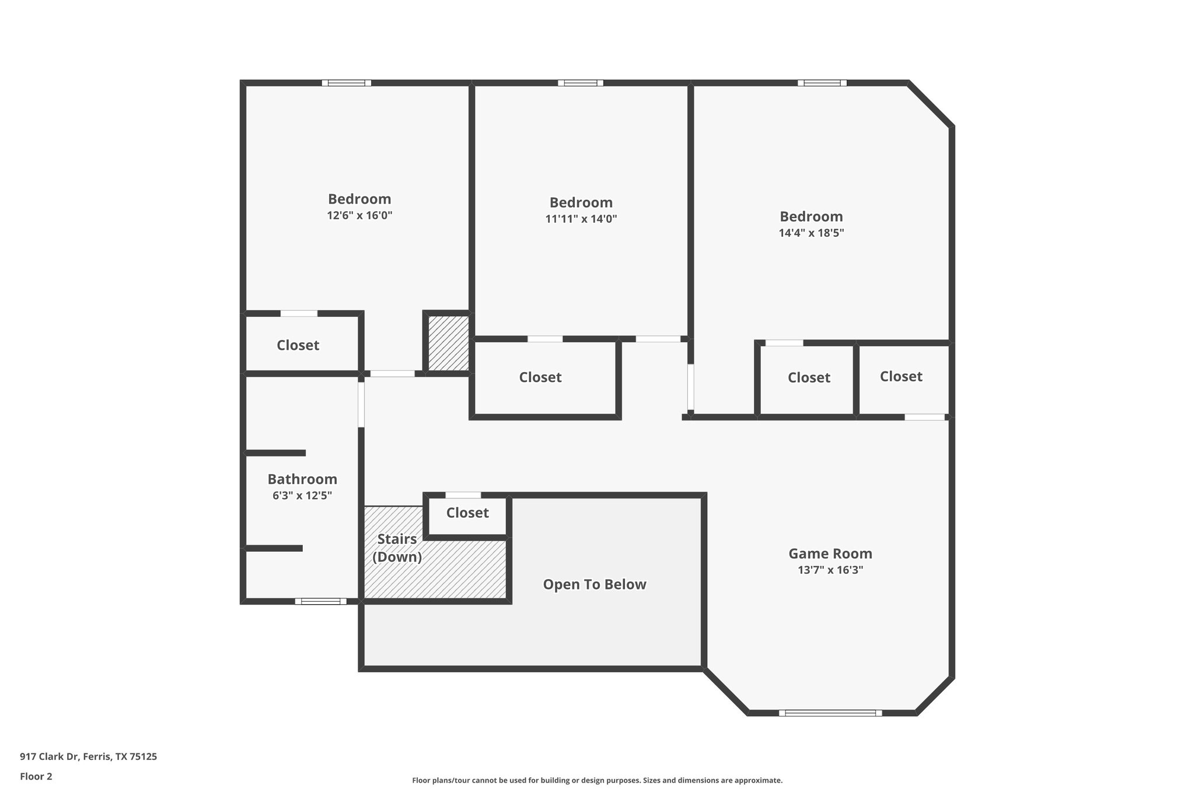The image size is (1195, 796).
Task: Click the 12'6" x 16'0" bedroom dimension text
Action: click(359, 216)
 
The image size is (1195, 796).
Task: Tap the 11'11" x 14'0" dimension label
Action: click(581, 219)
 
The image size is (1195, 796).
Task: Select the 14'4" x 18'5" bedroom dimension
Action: click(811, 233)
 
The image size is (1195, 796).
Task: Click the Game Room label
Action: click(830, 553)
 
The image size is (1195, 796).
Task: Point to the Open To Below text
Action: click(594, 584)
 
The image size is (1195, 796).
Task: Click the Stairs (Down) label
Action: click(397, 548)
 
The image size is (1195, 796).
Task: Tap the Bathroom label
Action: click(302, 479)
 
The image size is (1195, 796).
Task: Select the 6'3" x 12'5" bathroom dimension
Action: click(302, 496)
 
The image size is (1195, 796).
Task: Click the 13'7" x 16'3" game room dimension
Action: click(830, 570)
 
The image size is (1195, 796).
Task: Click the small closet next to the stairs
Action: click(467, 513)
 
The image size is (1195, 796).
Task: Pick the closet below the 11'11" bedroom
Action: click(540, 377)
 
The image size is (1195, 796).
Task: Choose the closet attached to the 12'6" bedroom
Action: click(298, 345)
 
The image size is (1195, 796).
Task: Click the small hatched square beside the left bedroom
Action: click(448, 343)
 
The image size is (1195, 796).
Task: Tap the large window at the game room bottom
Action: click(830, 713)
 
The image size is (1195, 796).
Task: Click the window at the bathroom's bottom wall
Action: click(320, 601)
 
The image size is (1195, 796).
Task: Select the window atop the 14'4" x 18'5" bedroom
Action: click(822, 83)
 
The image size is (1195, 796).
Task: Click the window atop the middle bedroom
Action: click(580, 83)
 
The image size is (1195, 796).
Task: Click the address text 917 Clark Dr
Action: click(88, 756)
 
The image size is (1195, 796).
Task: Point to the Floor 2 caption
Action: click(36, 776)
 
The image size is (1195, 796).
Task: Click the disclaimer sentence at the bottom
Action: click(597, 780)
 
